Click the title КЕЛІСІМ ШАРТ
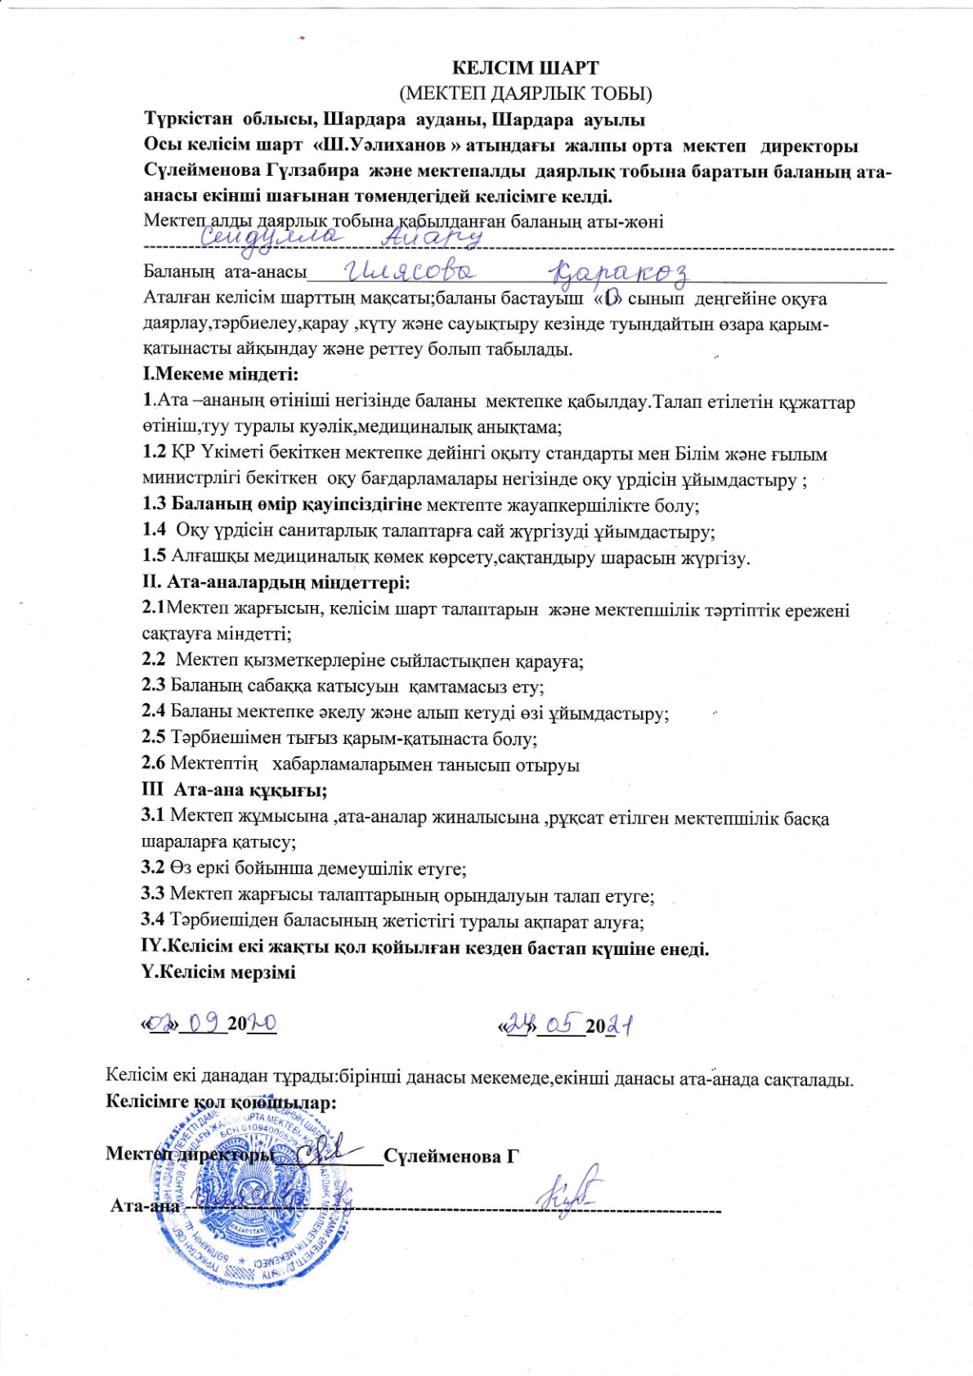point(526,68)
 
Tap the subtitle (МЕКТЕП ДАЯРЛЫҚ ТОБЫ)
point(526,93)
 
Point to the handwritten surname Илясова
point(412,272)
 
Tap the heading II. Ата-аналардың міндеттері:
point(276,583)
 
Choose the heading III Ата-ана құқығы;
point(235,791)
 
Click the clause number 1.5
point(155,557)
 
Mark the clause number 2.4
point(154,713)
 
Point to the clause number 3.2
point(154,867)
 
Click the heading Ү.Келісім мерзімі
point(219,972)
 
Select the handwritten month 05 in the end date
point(561,1023)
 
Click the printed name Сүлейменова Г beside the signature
point(451,1156)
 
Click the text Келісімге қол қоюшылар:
point(222,1101)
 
